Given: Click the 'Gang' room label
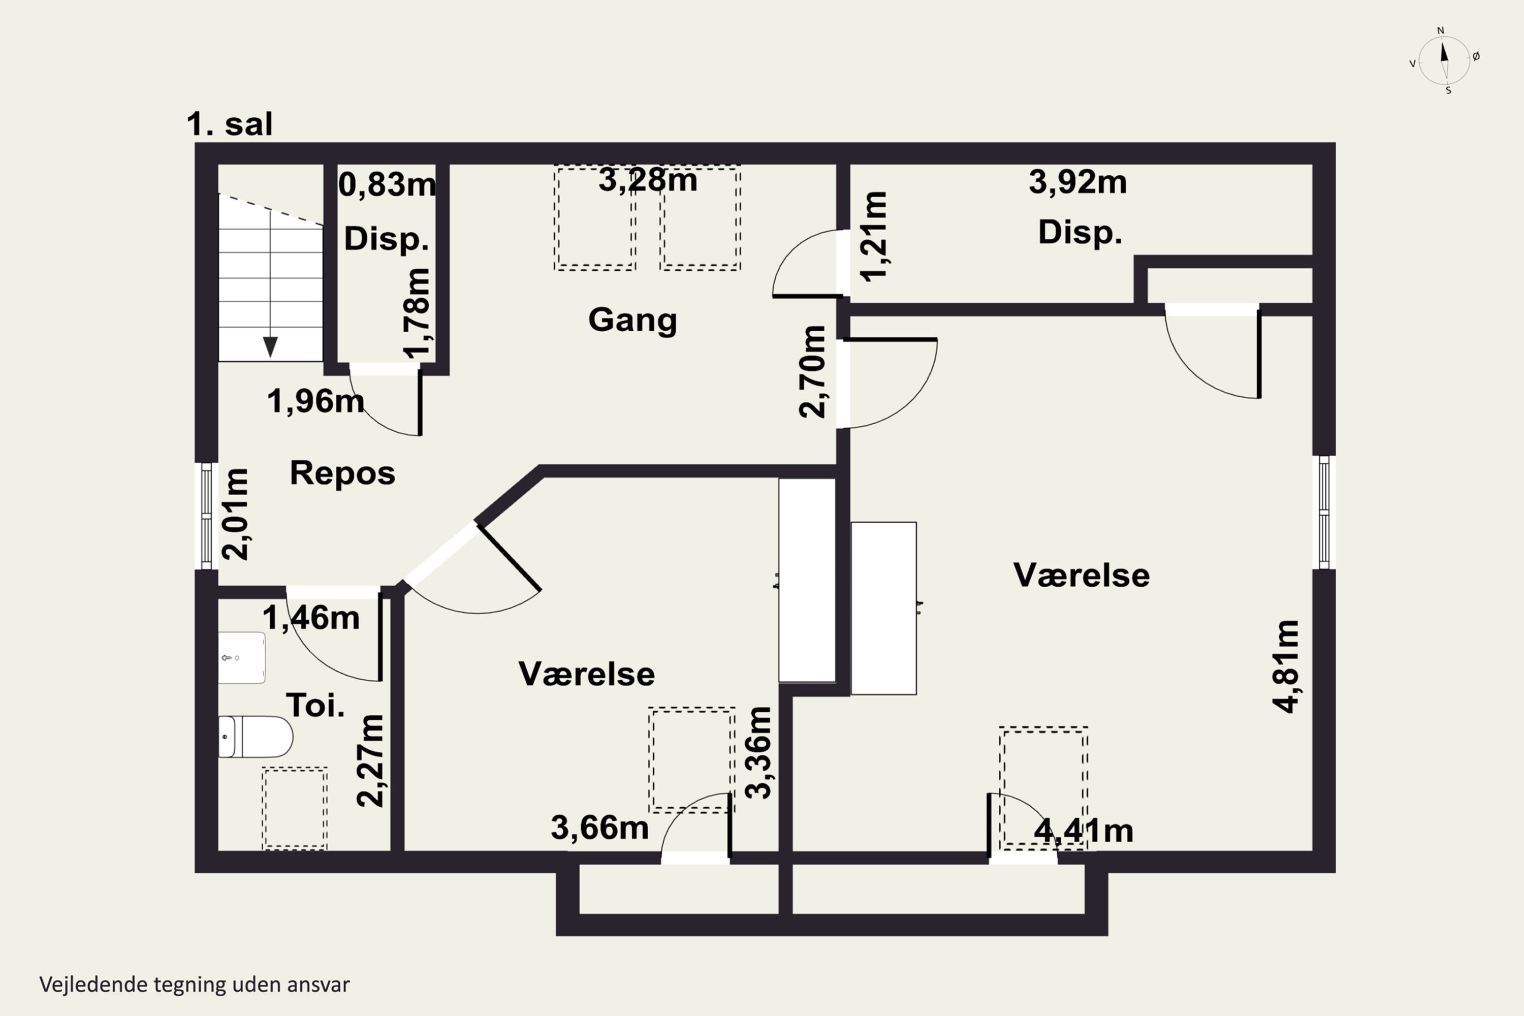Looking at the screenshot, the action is tap(632, 320).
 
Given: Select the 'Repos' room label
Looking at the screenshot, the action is tap(342, 473).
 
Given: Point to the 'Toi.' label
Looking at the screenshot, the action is tap(315, 705).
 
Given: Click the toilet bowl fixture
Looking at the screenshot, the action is tap(256, 737).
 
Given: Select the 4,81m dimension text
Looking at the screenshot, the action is tap(1286, 666).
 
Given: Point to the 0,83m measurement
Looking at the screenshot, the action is tap(387, 185).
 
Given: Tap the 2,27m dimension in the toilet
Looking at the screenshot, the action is tap(371, 760).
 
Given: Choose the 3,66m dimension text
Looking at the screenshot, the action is tap(600, 828).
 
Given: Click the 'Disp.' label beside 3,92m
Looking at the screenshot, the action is tap(1080, 232).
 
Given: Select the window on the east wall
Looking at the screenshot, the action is tap(1324, 512).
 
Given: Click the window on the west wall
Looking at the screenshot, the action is tap(207, 516).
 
